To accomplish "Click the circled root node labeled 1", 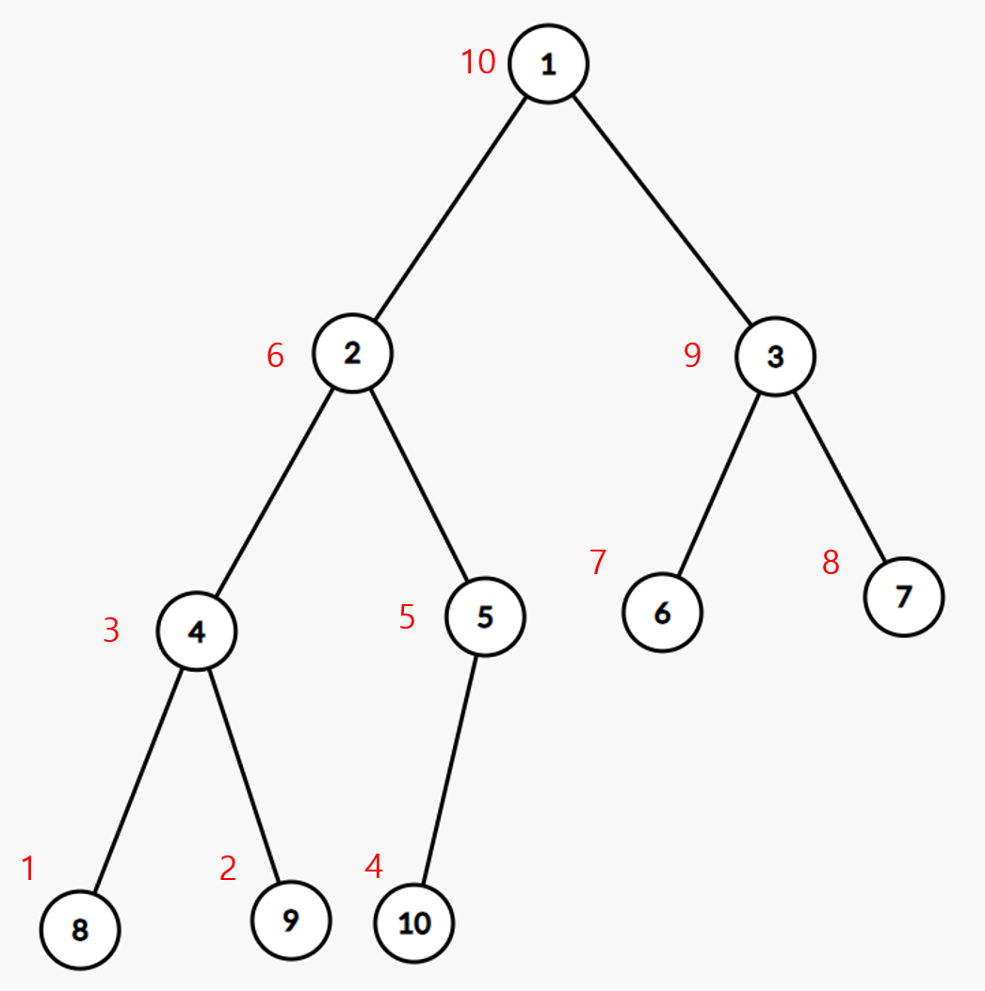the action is click(x=548, y=63).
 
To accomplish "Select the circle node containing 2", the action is click(x=352, y=355).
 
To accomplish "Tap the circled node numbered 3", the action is click(x=775, y=357).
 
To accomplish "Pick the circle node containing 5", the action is click(x=485, y=617).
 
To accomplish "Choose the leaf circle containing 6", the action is click(x=661, y=613).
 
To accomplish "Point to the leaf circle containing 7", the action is click(x=903, y=597).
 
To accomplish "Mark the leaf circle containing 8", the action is click(x=80, y=930).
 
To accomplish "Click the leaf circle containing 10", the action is click(x=414, y=923).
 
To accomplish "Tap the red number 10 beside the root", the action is click(x=477, y=63).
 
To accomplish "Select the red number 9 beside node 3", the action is click(x=692, y=356).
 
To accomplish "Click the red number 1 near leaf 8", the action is click(x=28, y=869).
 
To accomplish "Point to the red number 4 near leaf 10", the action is click(x=374, y=867).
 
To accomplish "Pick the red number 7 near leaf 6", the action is click(x=598, y=562).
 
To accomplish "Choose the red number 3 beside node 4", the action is click(x=111, y=631).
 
